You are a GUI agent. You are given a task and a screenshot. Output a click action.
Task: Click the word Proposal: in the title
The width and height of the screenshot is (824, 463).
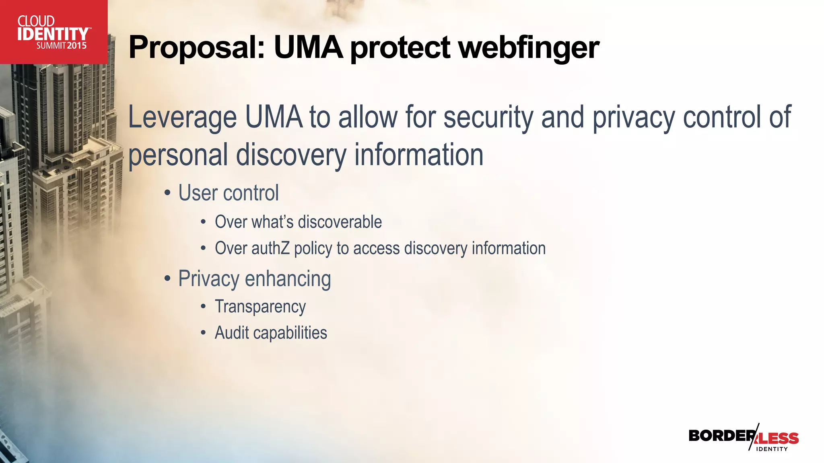coord(197,47)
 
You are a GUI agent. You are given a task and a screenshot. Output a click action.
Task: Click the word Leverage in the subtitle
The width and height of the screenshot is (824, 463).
coord(182,117)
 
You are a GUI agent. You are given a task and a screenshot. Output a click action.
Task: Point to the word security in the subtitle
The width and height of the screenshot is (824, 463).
coord(488,117)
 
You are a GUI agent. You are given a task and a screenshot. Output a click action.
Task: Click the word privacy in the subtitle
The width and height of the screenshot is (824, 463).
coord(634,117)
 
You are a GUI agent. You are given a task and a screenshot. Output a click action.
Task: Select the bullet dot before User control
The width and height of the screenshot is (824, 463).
coord(167,193)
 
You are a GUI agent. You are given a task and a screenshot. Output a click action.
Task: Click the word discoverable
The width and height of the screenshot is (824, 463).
coord(340,222)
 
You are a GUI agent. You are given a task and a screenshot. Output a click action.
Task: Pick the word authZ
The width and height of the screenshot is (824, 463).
coord(270,248)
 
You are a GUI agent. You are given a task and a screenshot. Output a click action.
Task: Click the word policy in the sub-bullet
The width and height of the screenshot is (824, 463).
coord(313,248)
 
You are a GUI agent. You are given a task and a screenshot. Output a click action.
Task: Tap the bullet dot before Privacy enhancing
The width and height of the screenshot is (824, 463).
coord(167,279)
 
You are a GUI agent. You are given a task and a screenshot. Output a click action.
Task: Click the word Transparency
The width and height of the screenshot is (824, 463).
coord(260,307)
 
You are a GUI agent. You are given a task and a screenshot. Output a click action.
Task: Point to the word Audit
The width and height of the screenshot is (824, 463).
coord(232,333)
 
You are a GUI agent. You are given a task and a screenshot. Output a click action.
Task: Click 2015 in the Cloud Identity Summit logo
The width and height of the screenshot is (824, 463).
coord(77,45)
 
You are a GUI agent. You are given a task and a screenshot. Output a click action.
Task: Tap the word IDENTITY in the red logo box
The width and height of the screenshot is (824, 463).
coord(53,34)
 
